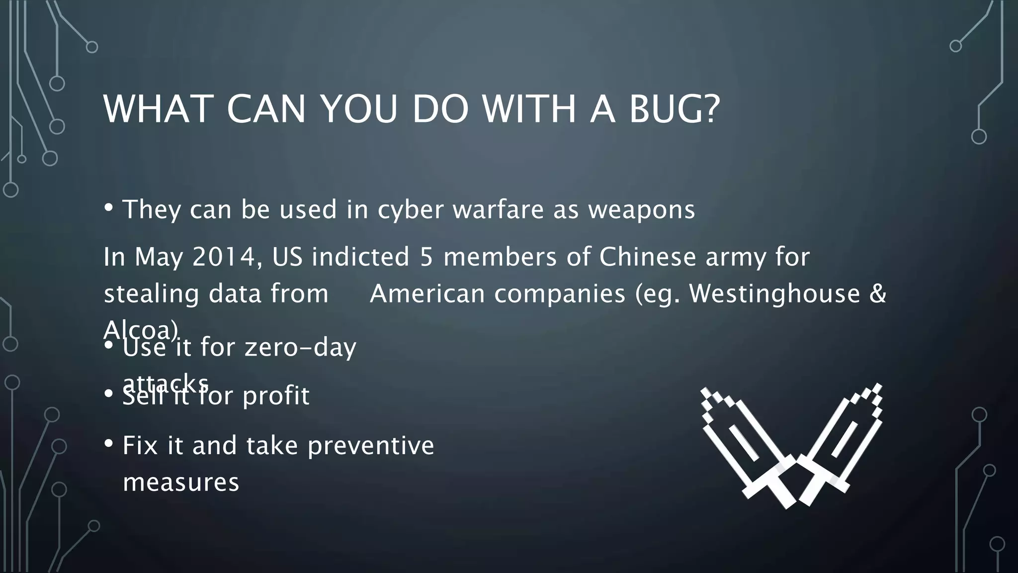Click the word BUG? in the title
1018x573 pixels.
pos(674,109)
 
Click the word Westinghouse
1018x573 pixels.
pos(774,293)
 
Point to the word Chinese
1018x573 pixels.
pos(646,257)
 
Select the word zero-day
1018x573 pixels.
pos(300,347)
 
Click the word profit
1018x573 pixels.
pos(276,396)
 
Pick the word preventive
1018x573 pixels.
pos(370,445)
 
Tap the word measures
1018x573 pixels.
pos(181,482)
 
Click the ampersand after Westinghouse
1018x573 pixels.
pos(878,293)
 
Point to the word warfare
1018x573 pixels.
pos(498,210)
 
